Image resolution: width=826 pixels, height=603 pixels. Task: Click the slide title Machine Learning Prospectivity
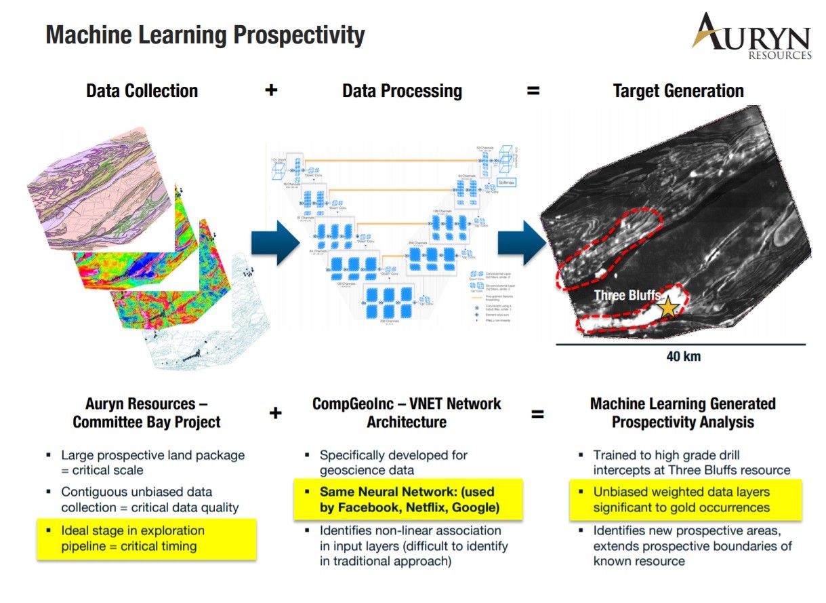pos(205,35)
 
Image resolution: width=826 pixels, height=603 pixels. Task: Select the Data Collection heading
pos(142,91)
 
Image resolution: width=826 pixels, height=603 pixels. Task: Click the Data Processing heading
pos(402,91)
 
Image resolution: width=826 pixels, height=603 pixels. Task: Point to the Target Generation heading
pos(678,91)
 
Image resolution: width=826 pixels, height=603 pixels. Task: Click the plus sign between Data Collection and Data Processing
pos(271,90)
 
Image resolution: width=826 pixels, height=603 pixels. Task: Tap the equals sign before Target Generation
pos(533,90)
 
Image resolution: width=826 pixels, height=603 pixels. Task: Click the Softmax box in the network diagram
pos(507,182)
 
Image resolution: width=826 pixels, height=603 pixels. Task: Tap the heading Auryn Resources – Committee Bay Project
pos(146,412)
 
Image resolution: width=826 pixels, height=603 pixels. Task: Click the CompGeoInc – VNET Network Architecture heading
pos(407,412)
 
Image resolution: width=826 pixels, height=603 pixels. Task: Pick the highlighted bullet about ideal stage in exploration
pos(146,539)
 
